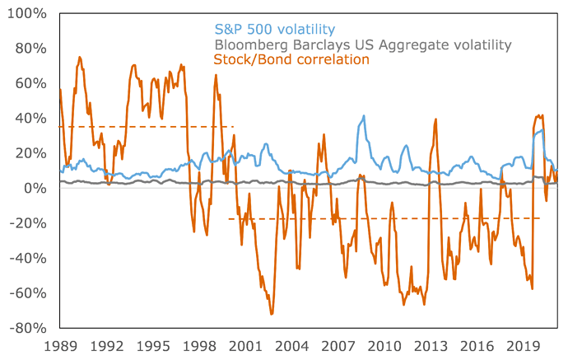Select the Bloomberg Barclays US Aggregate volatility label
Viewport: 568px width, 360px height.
click(x=362, y=44)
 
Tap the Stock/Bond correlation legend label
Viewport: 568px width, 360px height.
click(x=291, y=60)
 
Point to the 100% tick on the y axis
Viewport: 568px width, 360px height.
click(x=29, y=14)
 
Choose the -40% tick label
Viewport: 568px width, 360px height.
click(x=30, y=258)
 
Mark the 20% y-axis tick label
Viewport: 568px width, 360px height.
click(x=32, y=153)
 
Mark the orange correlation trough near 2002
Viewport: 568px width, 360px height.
click(x=272, y=314)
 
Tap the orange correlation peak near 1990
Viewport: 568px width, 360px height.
click(x=79, y=57)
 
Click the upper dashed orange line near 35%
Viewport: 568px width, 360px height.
click(x=148, y=127)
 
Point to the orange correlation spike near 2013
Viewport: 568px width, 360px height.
click(x=435, y=120)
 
